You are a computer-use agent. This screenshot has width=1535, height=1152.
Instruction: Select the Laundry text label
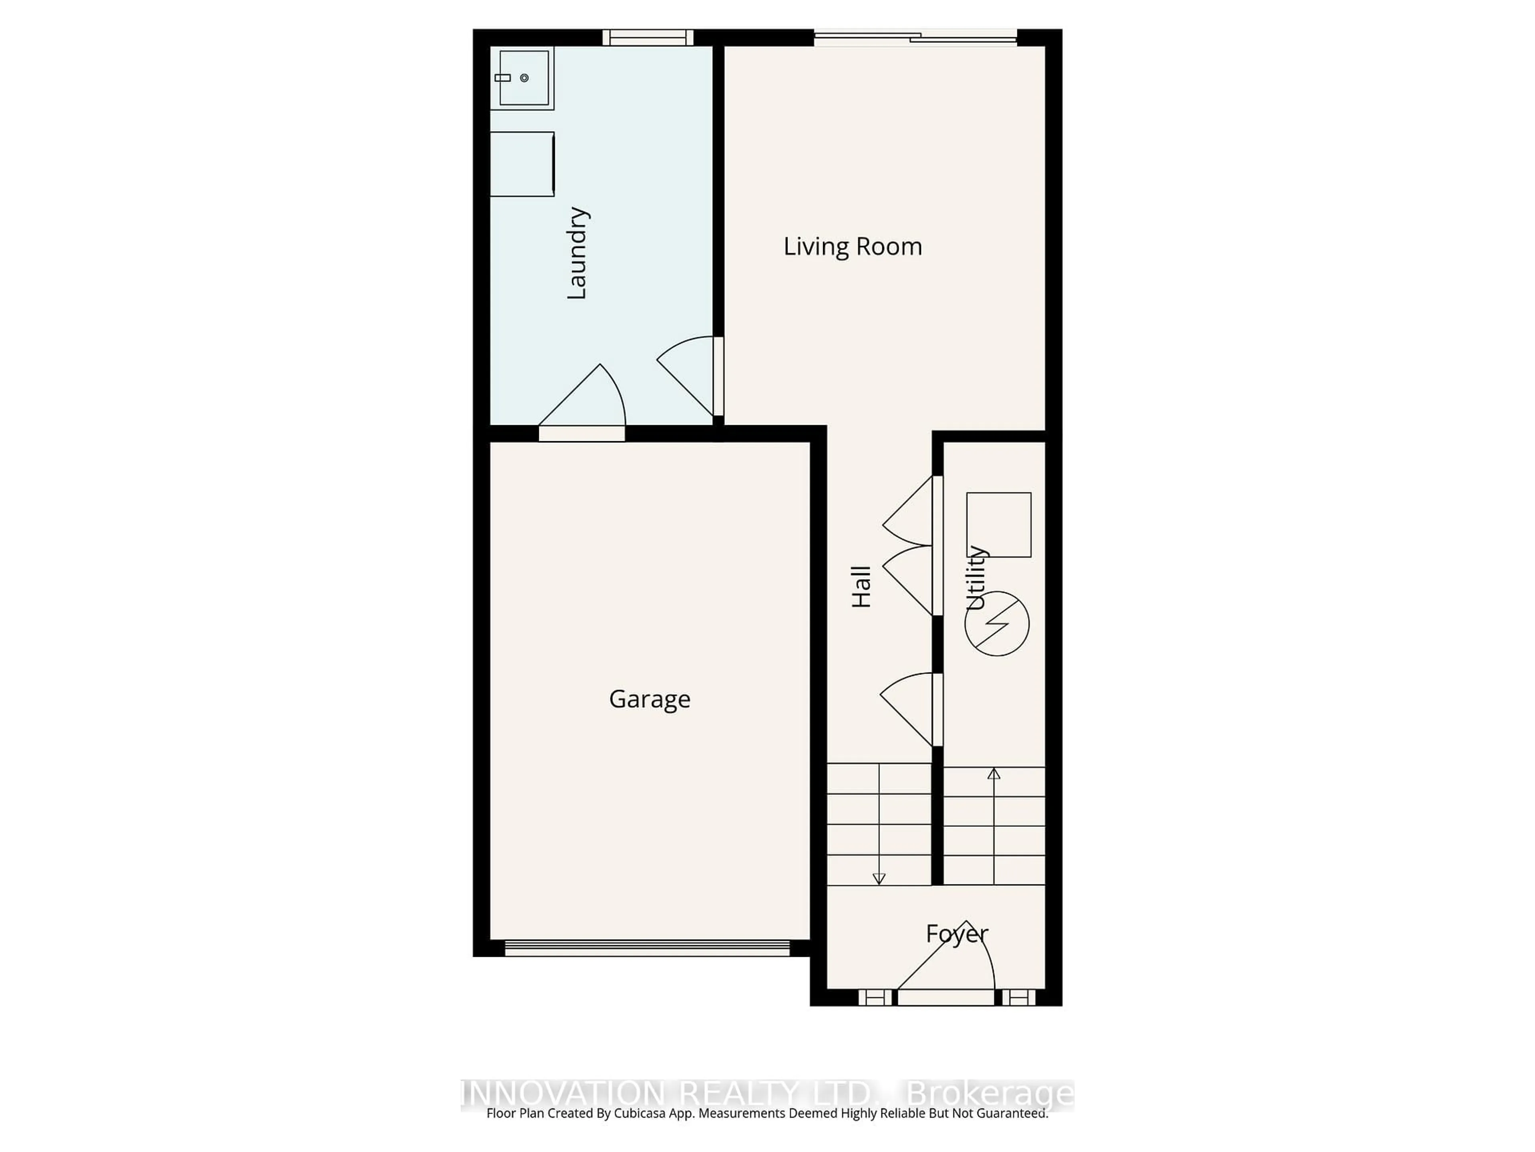click(x=577, y=254)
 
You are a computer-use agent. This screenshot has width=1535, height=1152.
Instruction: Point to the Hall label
click(x=861, y=587)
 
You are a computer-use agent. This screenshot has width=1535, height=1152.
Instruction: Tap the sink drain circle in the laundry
click(x=524, y=78)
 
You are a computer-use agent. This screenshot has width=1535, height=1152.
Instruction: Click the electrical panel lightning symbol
click(x=997, y=624)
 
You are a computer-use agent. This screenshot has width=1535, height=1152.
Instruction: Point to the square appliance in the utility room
click(x=999, y=525)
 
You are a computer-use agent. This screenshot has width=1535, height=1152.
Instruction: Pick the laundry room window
click(x=648, y=38)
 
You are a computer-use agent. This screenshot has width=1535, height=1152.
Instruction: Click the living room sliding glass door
click(x=915, y=38)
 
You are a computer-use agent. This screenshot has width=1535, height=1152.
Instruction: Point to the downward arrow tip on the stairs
click(x=879, y=879)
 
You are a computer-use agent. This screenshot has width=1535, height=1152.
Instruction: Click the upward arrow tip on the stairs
click(x=994, y=773)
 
